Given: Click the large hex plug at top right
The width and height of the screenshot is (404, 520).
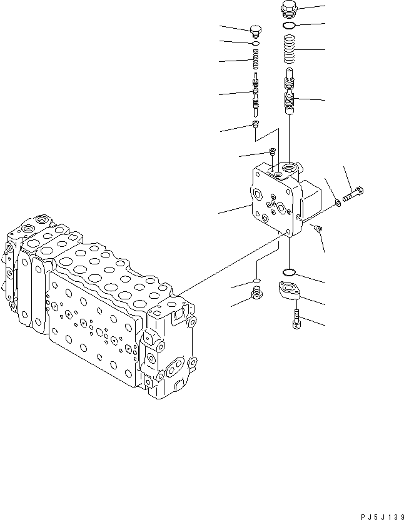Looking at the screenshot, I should [290, 9].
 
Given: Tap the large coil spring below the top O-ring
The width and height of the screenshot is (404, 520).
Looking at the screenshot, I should [290, 49].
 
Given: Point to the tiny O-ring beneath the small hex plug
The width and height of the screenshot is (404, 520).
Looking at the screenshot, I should [255, 44].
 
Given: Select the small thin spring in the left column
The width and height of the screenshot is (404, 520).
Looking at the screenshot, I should [255, 61].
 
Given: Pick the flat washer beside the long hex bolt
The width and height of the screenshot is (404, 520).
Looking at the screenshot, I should [338, 201].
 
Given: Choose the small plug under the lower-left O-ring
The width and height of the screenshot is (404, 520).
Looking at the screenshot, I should [255, 294].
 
